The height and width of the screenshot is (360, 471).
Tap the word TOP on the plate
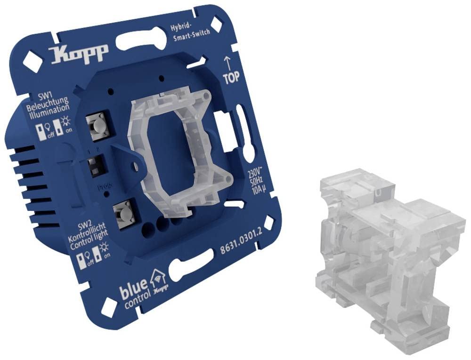(x=231, y=78)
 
